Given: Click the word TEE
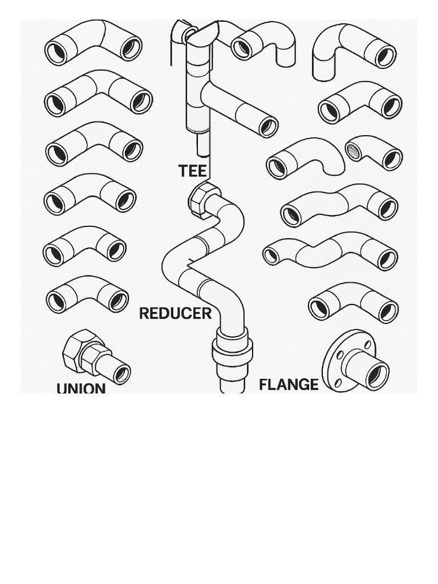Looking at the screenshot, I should click(192, 171).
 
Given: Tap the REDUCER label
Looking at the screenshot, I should click(175, 313).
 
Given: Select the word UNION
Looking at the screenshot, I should click(81, 388).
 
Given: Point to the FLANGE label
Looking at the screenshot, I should click(289, 384).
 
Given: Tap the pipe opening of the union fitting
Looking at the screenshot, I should click(121, 374).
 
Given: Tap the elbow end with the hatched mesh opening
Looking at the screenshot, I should click(354, 151).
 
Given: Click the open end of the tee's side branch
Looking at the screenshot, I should click(267, 127).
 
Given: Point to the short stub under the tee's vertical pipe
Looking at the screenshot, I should click(203, 145).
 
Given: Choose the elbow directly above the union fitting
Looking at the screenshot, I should click(87, 294).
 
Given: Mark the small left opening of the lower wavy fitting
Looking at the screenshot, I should click(271, 255).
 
